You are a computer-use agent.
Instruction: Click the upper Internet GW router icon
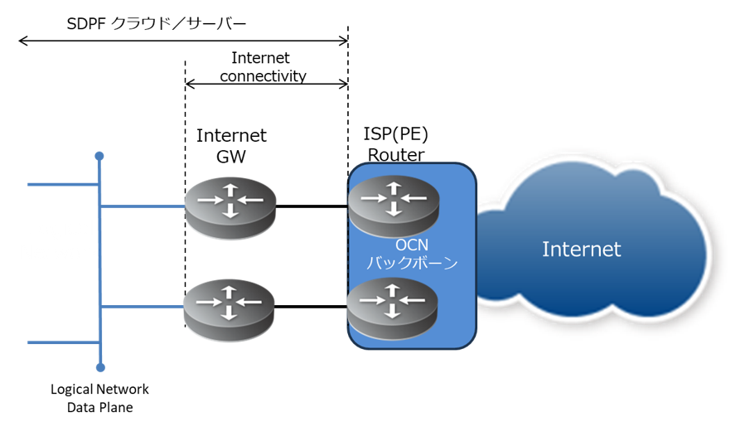tap(230, 205)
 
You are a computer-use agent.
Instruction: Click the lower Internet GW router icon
tap(230, 306)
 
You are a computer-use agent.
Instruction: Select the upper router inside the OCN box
tap(393, 205)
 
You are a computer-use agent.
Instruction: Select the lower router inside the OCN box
tap(393, 306)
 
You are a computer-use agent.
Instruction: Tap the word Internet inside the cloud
tap(581, 249)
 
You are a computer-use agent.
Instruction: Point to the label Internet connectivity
tap(263, 67)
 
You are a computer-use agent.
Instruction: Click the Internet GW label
tap(231, 144)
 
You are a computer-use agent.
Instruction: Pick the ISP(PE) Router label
tap(396, 143)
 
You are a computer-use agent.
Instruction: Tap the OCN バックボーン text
tap(412, 255)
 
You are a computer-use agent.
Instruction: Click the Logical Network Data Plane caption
tap(99, 398)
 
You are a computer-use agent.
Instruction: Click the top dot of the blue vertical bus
tap(99, 156)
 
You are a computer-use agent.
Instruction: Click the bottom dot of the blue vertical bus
tap(100, 367)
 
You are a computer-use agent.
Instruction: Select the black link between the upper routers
tap(311, 206)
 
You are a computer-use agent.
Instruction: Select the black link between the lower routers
tap(311, 307)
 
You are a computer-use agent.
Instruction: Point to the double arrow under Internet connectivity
tap(266, 84)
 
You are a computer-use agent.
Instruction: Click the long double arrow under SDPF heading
tap(182, 40)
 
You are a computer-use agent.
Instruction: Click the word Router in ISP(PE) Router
tap(396, 154)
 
